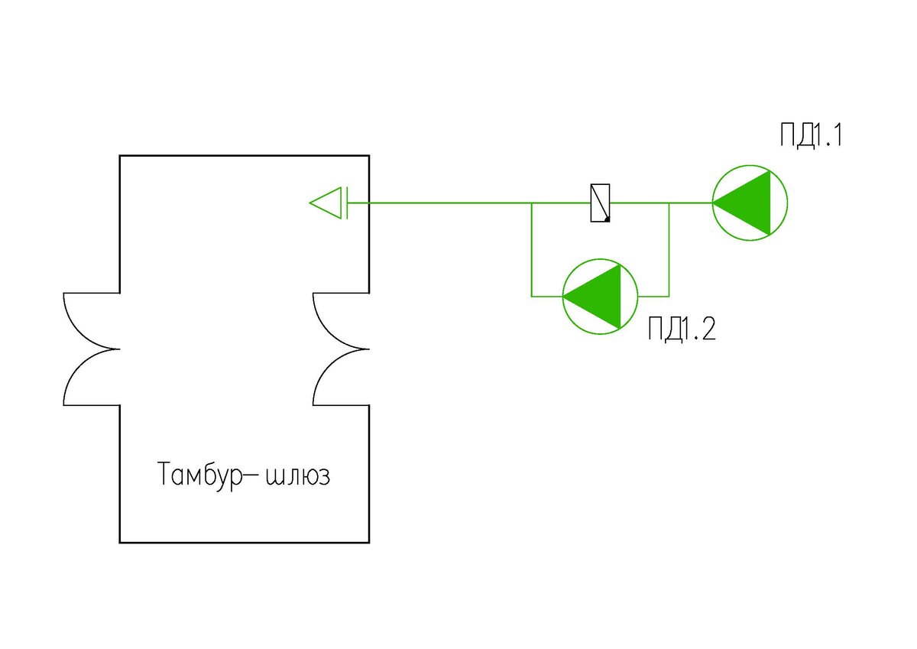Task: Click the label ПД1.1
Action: pyautogui.click(x=811, y=135)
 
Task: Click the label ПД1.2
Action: pyautogui.click(x=682, y=329)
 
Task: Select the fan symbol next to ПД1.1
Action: pyautogui.click(x=750, y=203)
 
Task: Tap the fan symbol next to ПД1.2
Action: pyautogui.click(x=600, y=297)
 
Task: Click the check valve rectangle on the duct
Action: pyautogui.click(x=600, y=203)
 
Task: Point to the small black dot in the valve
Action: pyautogui.click(x=607, y=219)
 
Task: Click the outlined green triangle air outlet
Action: pyautogui.click(x=329, y=203)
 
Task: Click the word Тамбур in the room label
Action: pyautogui.click(x=200, y=475)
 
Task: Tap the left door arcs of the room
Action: pyautogui.click(x=91, y=349)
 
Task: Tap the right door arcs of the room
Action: pyautogui.click(x=341, y=349)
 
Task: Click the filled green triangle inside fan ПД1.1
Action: pyautogui.click(x=741, y=203)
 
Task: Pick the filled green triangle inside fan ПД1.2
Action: pyautogui.click(x=592, y=297)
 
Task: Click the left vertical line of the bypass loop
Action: pyautogui.click(x=531, y=249)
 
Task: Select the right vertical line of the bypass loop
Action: pyautogui.click(x=669, y=249)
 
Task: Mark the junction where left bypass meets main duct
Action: pyautogui.click(x=531, y=203)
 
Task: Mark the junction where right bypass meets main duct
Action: pyautogui.click(x=669, y=203)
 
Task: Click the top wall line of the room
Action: pyautogui.click(x=245, y=156)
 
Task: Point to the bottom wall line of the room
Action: pyautogui.click(x=245, y=543)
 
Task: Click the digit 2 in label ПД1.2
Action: pyautogui.click(x=708, y=329)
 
